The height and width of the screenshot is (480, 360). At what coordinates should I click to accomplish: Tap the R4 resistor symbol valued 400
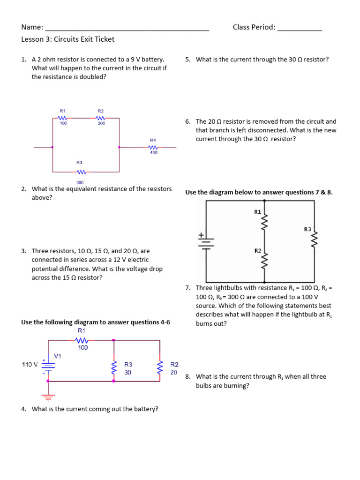tap(153, 147)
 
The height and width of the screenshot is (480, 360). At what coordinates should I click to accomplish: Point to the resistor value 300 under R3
tap(80, 182)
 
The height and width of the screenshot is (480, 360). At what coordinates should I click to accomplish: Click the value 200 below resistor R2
tap(101, 123)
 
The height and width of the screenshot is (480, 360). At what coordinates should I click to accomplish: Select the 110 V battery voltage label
tap(30, 364)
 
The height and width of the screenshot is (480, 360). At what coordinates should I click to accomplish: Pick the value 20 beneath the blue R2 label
tap(174, 373)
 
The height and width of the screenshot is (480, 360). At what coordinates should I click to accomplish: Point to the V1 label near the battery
tap(58, 356)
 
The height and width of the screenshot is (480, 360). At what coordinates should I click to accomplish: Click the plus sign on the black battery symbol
tap(202, 235)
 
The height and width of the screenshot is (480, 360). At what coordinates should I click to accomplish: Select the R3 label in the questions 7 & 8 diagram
tap(307, 229)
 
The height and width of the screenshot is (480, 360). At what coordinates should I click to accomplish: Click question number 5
tap(187, 60)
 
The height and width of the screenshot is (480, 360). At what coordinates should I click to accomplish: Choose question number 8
tap(187, 376)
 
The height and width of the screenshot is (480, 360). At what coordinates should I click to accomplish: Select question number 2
tap(23, 189)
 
